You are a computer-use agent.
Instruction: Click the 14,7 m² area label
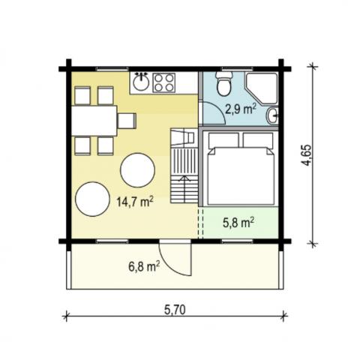135,201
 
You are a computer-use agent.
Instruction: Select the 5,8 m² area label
238,222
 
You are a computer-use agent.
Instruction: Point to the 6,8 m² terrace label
142,265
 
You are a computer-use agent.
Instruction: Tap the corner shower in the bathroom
265,87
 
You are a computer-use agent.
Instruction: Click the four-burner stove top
163,80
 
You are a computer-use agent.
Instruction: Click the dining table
94,120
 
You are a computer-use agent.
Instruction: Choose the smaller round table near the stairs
138,169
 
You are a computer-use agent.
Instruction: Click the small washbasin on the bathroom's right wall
274,115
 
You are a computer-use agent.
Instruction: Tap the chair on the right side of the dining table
127,120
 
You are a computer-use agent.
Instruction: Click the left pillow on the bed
223,140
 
